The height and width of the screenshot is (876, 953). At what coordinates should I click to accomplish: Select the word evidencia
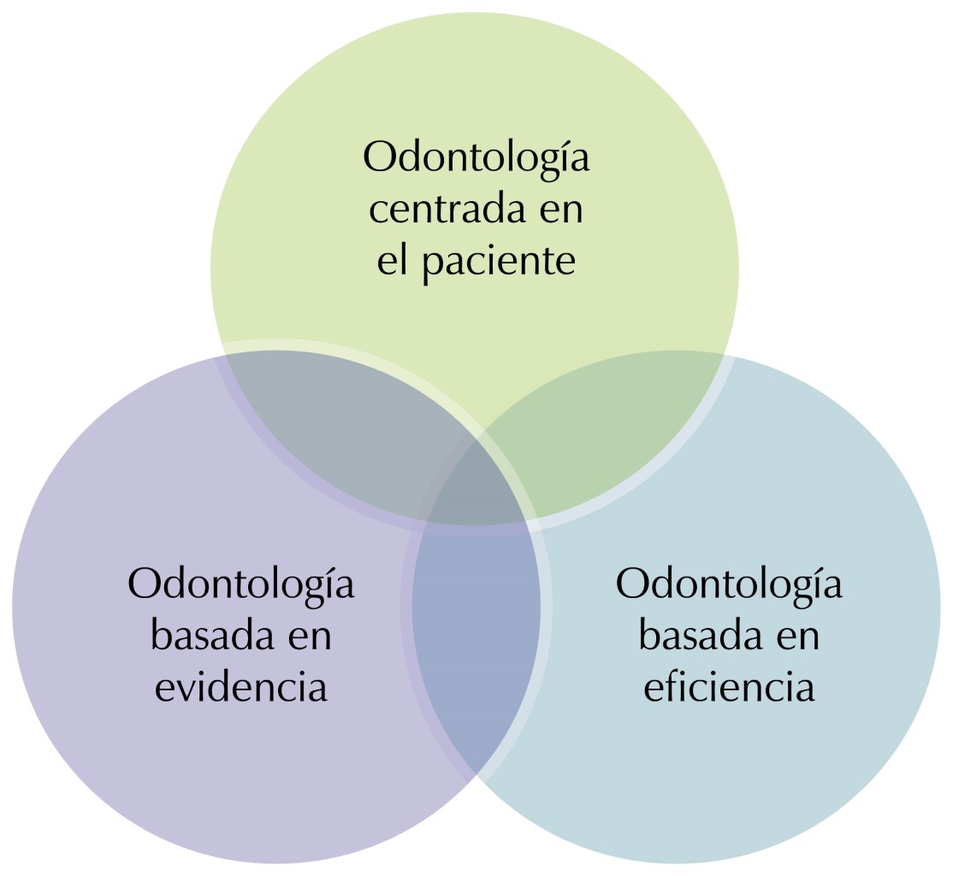(241, 687)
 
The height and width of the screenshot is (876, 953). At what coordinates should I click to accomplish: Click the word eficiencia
(729, 687)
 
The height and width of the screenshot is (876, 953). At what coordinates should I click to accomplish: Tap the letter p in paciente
(434, 269)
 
